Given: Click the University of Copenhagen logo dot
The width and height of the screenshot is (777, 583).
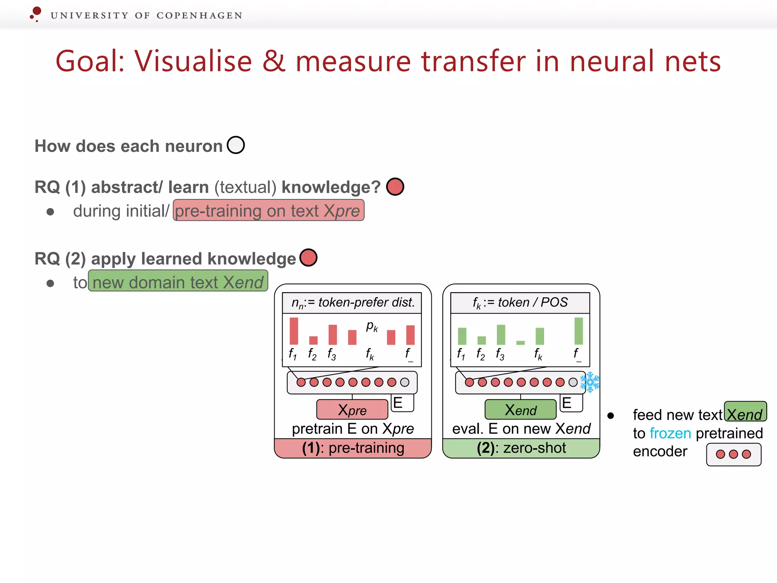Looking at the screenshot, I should coord(36,11).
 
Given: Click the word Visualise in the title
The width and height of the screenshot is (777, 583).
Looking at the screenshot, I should coord(193,61).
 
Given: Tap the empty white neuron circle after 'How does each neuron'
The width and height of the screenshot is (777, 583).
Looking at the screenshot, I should coord(236,145).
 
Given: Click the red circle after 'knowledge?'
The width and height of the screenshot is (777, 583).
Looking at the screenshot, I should coord(395,187).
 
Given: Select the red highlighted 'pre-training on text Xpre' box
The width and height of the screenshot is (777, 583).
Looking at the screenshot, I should coord(269,211).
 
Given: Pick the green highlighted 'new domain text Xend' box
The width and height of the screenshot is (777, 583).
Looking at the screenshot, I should coord(178,281).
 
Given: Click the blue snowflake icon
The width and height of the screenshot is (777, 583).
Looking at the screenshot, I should coord(590,382).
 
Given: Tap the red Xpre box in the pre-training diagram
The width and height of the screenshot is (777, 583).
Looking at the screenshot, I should coord(352,410).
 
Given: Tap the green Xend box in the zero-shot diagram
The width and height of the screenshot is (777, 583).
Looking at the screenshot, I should coord(521,410).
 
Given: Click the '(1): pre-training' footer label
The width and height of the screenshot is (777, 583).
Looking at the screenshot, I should coord(353,448).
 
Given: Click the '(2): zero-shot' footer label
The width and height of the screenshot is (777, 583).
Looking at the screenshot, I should coord(521,448).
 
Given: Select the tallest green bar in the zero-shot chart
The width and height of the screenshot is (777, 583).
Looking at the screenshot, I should coord(579,331).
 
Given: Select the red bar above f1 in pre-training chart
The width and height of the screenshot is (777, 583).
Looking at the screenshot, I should coord(294,331).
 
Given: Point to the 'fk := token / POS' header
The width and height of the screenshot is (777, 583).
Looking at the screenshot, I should coord(520,303).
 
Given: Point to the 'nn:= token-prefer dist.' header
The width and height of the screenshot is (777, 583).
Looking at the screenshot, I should coord(352,303).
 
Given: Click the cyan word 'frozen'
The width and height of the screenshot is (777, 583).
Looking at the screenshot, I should coord(670,433).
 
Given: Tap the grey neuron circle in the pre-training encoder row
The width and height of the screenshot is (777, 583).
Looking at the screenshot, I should coord(405,382).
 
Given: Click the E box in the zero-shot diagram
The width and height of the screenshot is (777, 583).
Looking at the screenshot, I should coord(571,403).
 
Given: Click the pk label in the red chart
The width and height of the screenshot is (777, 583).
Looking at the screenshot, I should coord(372,326).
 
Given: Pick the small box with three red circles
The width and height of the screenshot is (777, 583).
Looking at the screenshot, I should coord(733,454).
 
